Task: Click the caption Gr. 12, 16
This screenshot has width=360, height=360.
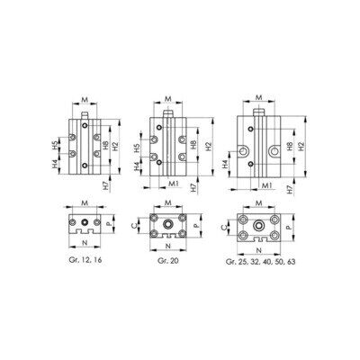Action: click(x=85, y=260)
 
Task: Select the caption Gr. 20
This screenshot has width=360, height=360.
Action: click(x=168, y=260)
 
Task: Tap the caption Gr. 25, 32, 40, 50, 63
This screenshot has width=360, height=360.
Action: click(x=260, y=262)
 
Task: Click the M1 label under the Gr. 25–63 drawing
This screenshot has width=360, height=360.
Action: click(x=266, y=186)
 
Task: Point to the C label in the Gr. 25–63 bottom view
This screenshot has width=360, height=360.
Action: click(x=223, y=227)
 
